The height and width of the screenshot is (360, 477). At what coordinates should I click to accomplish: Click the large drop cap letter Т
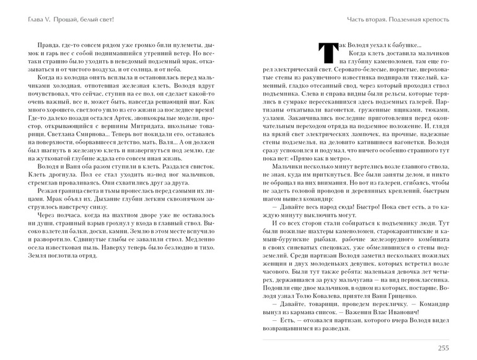(325, 55)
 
